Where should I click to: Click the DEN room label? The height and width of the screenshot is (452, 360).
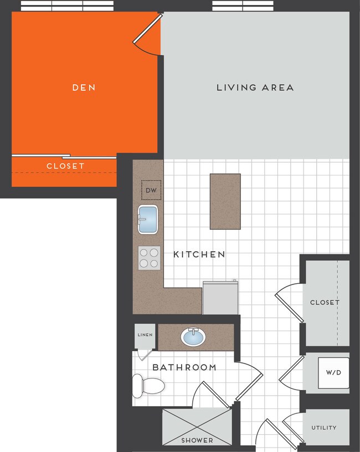84,87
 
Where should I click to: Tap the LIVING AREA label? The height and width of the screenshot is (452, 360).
255,87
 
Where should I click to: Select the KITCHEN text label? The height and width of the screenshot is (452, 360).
199,254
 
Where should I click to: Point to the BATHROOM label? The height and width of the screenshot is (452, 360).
184,367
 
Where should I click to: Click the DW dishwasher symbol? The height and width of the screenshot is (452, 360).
151,191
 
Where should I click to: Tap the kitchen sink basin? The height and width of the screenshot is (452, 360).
148,220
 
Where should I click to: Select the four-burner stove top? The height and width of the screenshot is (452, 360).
149,258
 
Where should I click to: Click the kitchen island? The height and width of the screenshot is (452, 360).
225,201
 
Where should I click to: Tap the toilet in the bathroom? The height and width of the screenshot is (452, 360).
149,384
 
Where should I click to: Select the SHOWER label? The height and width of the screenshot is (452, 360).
197,440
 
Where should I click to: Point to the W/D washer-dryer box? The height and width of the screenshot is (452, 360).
333,372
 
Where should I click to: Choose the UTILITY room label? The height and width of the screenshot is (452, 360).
323,428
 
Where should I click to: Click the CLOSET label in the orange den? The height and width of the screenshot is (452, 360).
65,166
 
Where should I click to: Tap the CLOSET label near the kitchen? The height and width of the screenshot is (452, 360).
325,303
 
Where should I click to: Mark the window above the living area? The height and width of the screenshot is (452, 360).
243,6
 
